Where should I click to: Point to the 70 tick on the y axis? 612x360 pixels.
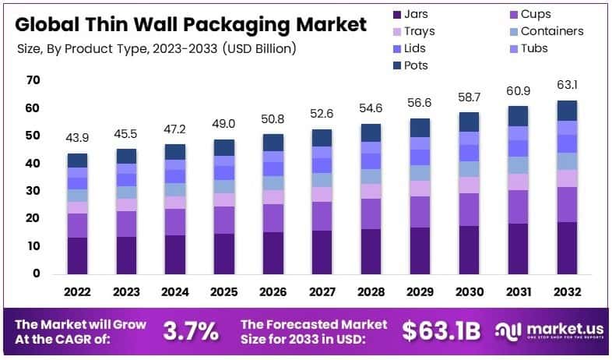[33, 80]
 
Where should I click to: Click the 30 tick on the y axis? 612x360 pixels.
[33, 191]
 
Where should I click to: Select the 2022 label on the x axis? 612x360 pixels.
[77, 291]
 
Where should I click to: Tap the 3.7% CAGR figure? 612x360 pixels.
[190, 332]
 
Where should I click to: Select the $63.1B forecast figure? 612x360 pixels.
[443, 332]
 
